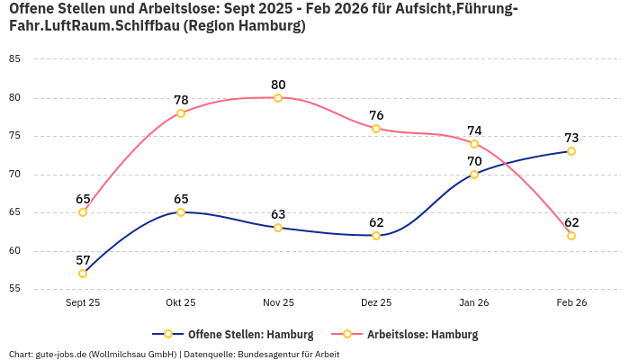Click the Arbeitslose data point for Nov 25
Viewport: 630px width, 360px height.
pos(278,98)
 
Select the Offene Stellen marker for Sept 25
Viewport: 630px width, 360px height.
pos(83,274)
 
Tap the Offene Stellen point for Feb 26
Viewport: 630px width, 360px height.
pos(571,151)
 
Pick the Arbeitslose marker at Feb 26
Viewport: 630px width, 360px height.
pos(571,236)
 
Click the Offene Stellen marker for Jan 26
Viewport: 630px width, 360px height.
pos(474,175)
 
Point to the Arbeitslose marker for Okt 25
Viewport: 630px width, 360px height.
pos(181,113)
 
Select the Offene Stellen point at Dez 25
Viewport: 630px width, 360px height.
pos(376,236)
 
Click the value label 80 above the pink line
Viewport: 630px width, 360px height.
pos(278,85)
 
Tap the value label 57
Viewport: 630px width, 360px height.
pos(83,260)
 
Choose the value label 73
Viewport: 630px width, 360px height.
pos(571,138)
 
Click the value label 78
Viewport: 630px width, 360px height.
pos(181,100)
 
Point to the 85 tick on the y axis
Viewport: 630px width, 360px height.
pos(14,59)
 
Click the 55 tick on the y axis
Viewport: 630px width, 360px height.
pos(14,289)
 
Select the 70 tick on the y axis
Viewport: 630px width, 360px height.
pos(14,175)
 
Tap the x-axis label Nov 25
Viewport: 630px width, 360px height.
pos(278,303)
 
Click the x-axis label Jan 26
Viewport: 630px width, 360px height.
pos(474,303)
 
